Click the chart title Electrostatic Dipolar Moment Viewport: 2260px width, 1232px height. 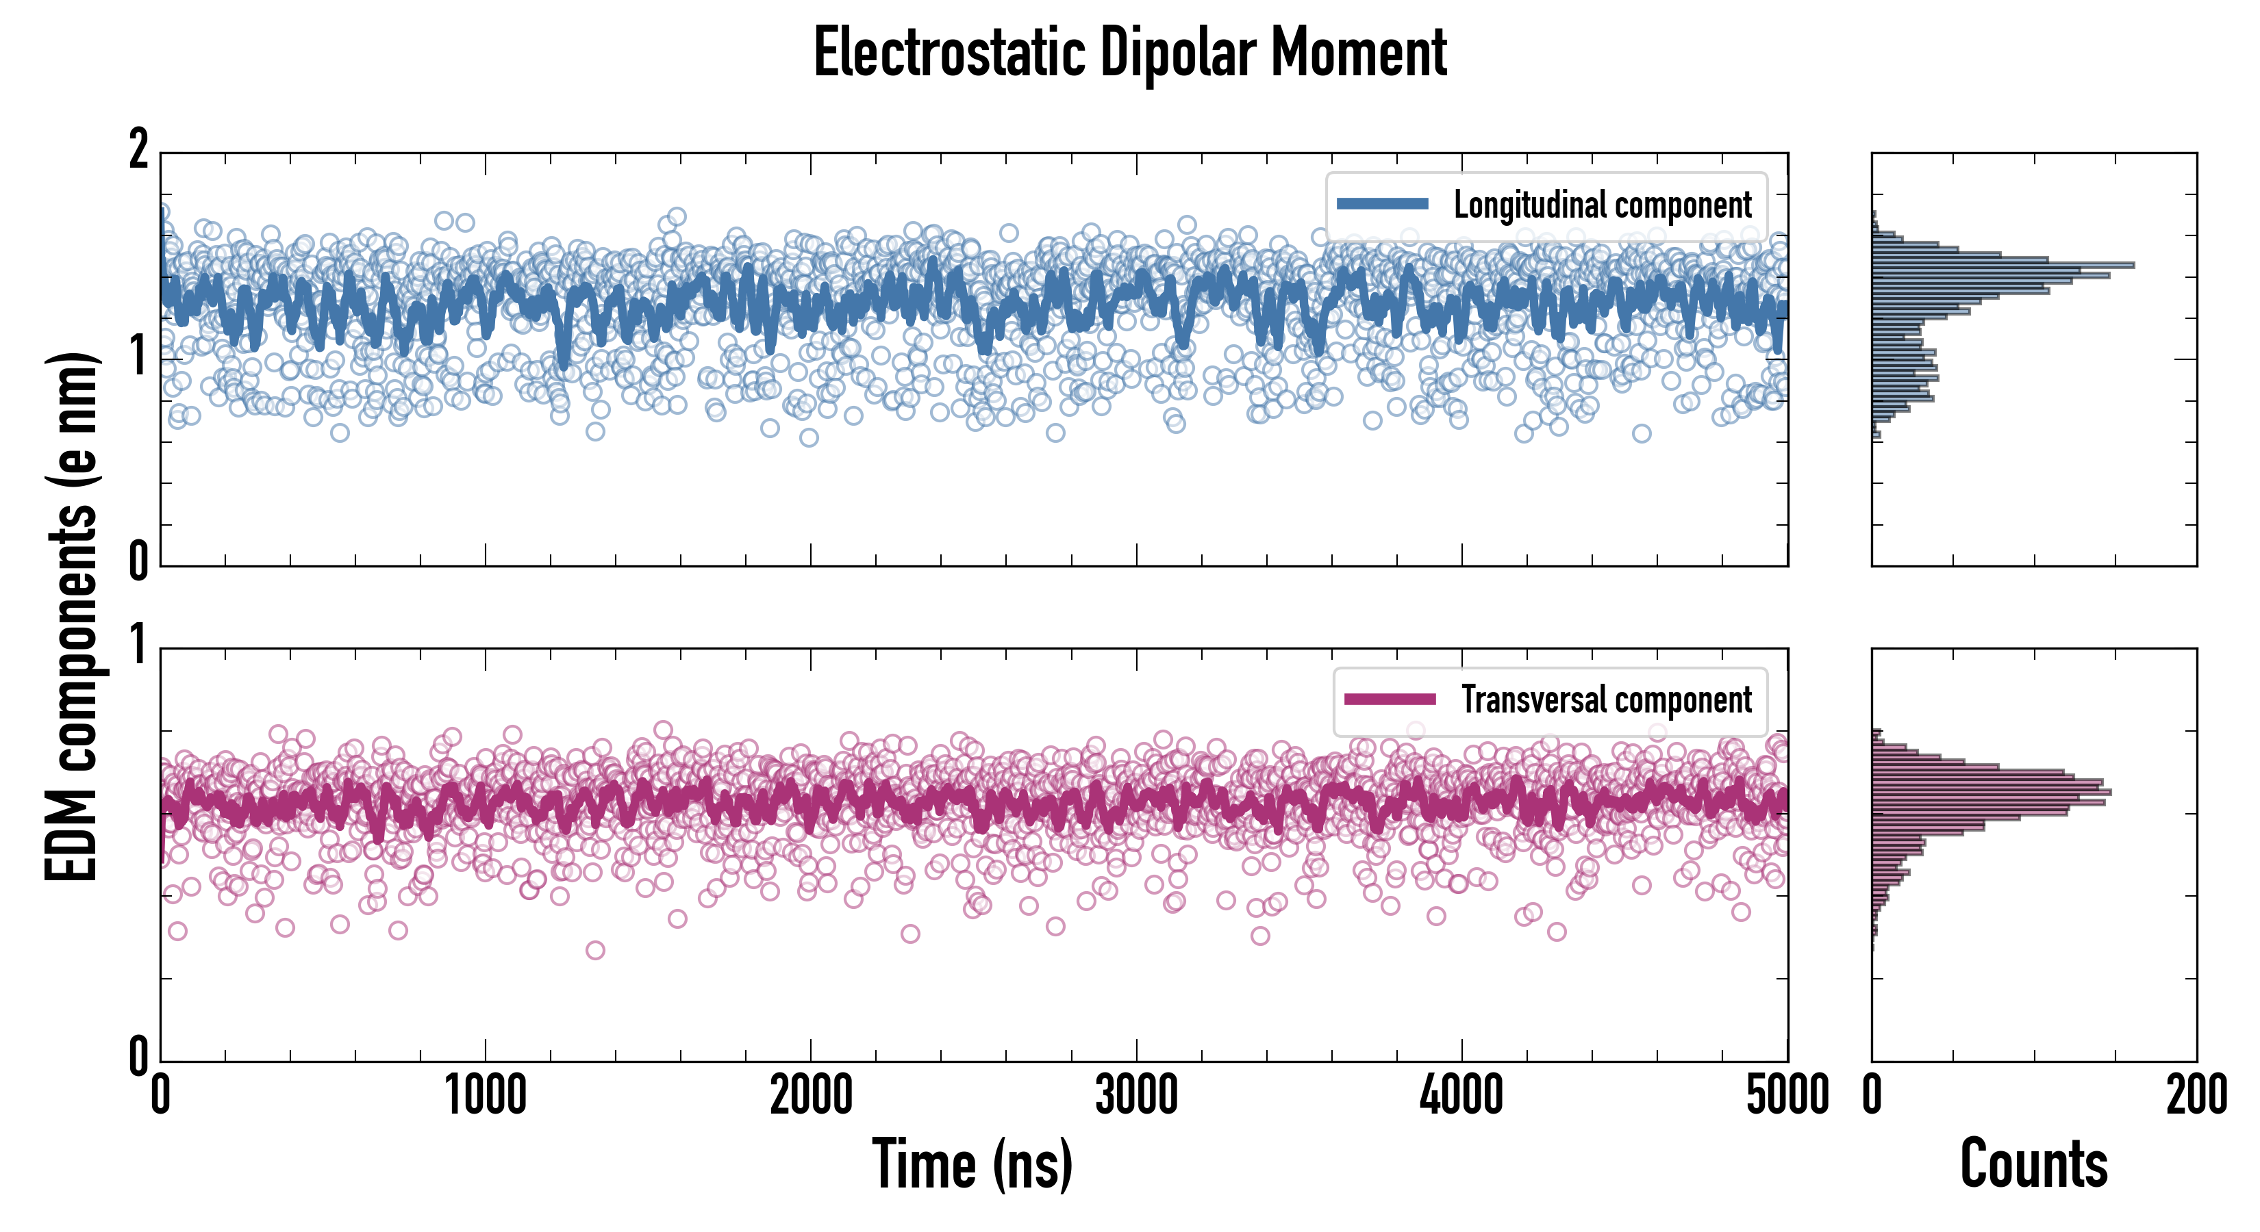pos(1130,53)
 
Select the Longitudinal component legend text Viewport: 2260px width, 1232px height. pos(1602,205)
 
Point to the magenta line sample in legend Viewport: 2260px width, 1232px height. pos(1390,700)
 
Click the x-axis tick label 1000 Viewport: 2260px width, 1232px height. pos(485,1096)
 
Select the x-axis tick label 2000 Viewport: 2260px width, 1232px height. pos(811,1096)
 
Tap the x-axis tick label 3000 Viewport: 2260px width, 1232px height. pos(1136,1096)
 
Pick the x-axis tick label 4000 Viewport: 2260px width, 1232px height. pos(1461,1096)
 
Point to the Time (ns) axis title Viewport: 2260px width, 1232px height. pos(972,1164)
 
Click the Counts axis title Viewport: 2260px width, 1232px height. pos(2033,1164)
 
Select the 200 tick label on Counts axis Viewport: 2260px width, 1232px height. pos(2196,1096)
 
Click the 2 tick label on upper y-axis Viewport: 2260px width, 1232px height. pos(138,151)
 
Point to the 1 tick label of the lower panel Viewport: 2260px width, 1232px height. pos(138,647)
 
